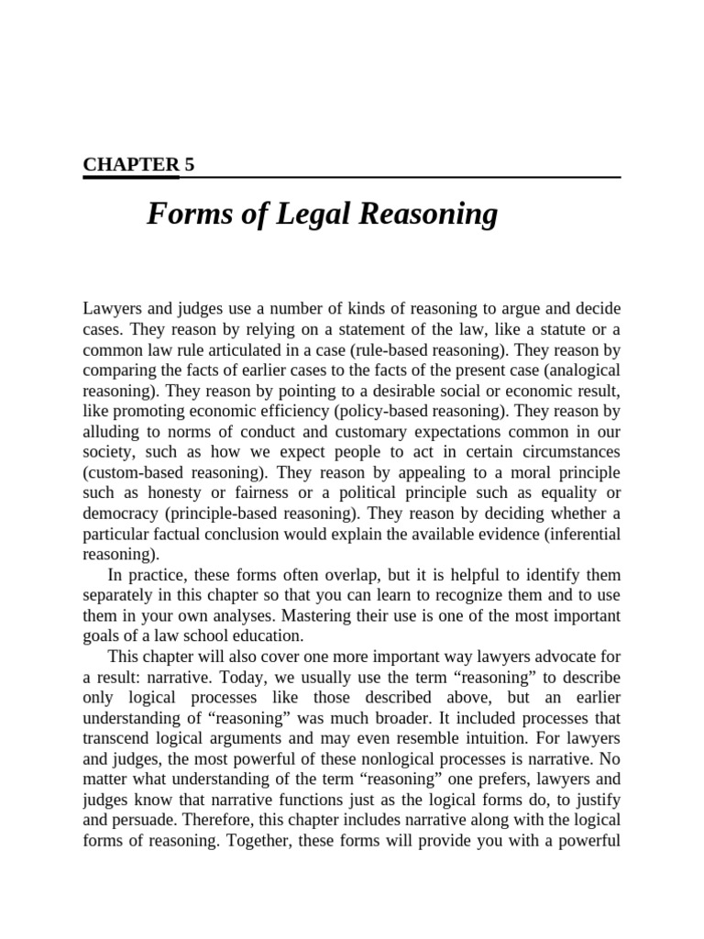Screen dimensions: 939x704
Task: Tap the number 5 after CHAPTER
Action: coord(189,164)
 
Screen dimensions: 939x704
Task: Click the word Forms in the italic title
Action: coord(183,215)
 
